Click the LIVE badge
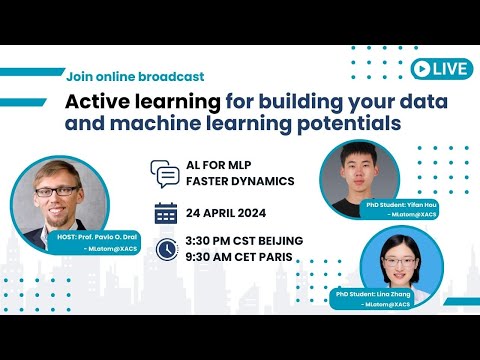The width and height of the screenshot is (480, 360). [x=440, y=68]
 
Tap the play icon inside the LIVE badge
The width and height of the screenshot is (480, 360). [x=423, y=68]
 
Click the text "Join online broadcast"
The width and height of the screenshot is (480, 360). [x=135, y=76]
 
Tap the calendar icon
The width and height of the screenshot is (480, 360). [x=166, y=213]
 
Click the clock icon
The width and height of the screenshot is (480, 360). [x=167, y=247]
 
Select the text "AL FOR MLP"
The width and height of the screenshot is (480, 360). [x=219, y=167]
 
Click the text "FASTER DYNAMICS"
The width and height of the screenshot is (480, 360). [x=241, y=184]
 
